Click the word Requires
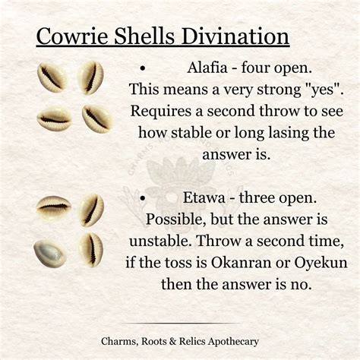click(x=163, y=111)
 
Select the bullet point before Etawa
click(x=144, y=198)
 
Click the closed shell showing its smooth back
click(x=50, y=253)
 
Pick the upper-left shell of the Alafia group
click(x=52, y=77)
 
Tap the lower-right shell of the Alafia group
click(x=96, y=118)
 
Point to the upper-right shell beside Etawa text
click(x=92, y=210)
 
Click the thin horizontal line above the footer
click(x=180, y=324)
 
